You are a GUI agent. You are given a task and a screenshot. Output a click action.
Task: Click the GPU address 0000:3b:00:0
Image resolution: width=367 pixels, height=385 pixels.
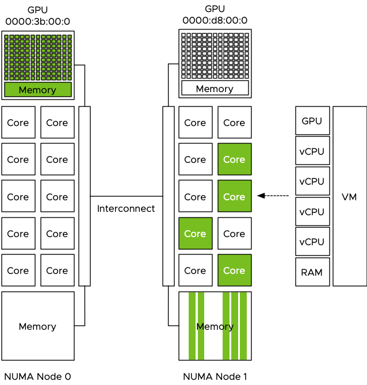(x=37, y=21)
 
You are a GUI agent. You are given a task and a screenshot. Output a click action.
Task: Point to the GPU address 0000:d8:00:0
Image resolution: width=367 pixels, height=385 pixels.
(x=215, y=20)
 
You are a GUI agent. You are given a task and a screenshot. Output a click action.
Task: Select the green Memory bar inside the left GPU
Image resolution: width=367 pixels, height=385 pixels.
(x=37, y=90)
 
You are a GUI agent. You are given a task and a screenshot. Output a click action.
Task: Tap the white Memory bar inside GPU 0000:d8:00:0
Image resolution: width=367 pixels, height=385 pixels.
(x=215, y=88)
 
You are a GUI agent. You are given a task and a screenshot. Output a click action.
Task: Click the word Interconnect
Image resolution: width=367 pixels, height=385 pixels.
(x=126, y=208)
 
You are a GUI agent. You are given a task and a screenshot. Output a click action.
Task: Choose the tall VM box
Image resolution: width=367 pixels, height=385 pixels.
(x=349, y=197)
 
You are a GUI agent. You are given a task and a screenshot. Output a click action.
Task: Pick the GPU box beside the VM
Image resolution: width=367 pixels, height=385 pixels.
(x=312, y=121)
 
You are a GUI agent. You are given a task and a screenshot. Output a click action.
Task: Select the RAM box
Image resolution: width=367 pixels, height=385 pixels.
(x=312, y=271)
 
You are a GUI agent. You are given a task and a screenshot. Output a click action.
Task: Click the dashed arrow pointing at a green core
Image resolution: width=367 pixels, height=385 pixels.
(x=273, y=196)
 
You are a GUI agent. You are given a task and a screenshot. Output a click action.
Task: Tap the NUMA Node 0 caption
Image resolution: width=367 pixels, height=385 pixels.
(x=37, y=377)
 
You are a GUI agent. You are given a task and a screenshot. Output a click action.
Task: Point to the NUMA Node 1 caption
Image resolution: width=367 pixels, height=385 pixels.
(x=215, y=377)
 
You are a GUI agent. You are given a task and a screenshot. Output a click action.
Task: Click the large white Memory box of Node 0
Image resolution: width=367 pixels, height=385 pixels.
(x=37, y=326)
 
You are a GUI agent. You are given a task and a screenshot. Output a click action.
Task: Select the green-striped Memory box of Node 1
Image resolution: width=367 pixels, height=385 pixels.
(x=215, y=326)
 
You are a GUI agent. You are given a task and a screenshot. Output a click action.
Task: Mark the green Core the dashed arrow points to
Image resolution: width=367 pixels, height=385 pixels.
(x=234, y=197)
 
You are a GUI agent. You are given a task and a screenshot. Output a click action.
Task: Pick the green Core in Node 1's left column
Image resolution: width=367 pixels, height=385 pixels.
(x=195, y=234)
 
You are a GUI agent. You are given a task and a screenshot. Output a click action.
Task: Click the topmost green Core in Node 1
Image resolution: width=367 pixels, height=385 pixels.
(x=234, y=159)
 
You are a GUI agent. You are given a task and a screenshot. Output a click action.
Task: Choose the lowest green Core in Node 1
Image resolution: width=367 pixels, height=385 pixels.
(x=234, y=270)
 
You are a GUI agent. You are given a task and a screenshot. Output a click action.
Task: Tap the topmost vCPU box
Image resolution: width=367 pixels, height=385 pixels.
(x=312, y=151)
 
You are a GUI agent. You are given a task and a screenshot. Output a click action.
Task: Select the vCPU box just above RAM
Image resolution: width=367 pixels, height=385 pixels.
(x=312, y=242)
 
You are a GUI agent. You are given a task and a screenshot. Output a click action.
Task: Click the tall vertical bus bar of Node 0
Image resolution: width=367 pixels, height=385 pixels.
(x=85, y=196)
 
